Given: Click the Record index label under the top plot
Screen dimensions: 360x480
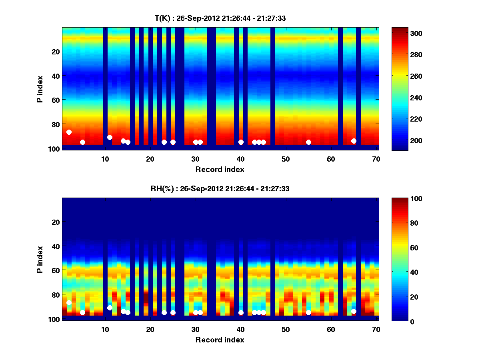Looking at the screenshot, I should tap(220, 170).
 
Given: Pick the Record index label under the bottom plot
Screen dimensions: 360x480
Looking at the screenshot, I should tap(220, 340).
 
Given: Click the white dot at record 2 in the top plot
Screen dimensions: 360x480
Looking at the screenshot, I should tap(69, 132).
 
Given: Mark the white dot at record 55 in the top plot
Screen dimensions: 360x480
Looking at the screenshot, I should tap(308, 142).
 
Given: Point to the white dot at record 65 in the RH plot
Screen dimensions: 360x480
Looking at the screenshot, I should tap(354, 311).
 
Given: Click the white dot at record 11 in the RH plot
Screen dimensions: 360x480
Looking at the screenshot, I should tap(110, 308).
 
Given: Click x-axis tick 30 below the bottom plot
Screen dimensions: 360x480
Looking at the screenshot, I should tap(195, 330).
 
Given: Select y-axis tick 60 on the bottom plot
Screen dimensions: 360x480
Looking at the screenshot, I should tap(56, 270).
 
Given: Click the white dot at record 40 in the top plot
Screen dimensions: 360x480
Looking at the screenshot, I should tap(241, 142).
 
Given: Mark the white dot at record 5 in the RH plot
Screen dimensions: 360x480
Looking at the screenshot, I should tap(82, 312).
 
